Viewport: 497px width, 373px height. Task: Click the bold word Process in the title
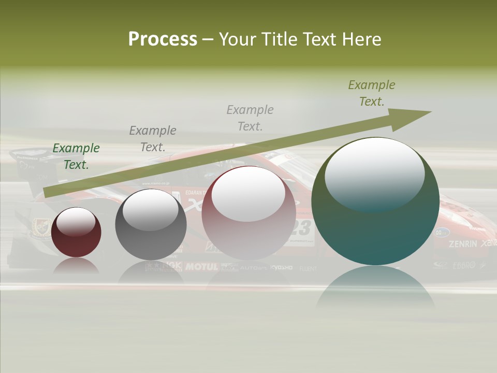(x=163, y=39)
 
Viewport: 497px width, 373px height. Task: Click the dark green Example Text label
(x=76, y=156)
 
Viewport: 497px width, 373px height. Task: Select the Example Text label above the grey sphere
(x=153, y=138)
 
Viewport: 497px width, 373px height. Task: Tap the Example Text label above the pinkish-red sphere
(x=250, y=118)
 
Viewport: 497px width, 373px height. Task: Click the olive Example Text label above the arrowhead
(x=372, y=93)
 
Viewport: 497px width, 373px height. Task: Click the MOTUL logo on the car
(x=202, y=267)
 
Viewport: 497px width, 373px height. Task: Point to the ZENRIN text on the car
(x=463, y=243)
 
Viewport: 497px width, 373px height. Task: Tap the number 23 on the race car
(x=303, y=228)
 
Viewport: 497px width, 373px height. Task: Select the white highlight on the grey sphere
(x=151, y=210)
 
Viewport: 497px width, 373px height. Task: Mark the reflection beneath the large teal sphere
(x=375, y=290)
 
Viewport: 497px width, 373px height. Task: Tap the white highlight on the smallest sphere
(x=76, y=222)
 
